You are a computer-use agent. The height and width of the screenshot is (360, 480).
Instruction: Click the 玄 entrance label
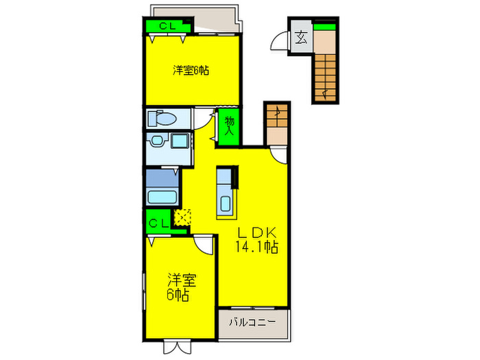click(x=301, y=38)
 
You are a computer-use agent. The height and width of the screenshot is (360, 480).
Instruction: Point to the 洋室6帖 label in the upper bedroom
click(x=191, y=70)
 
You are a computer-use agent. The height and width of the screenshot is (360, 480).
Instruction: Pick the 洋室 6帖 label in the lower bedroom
click(x=180, y=288)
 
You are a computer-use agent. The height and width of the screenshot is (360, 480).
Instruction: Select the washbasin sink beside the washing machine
click(x=158, y=141)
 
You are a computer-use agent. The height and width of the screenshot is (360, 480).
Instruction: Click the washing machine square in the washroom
click(x=180, y=142)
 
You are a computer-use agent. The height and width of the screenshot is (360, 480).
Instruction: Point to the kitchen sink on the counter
click(x=225, y=204)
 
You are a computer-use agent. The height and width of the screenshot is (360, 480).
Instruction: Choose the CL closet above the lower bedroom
click(x=159, y=222)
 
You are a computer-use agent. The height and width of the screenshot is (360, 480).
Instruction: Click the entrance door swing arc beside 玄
click(x=280, y=40)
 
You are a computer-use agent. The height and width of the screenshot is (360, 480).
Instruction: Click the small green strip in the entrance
click(x=326, y=26)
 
